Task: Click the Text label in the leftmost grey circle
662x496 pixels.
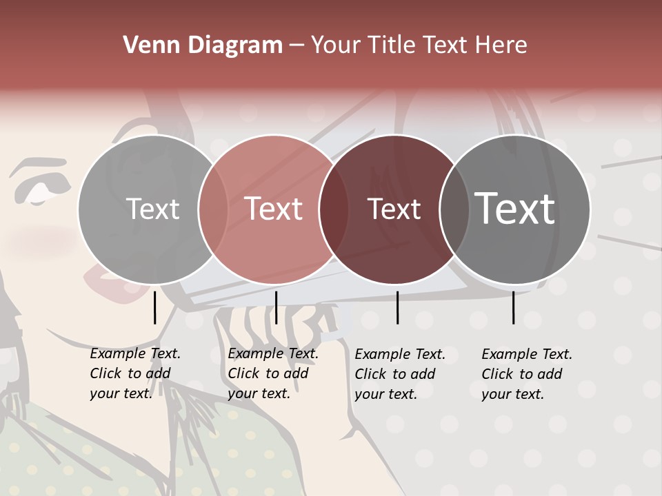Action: [x=152, y=209]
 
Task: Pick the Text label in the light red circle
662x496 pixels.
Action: [x=274, y=209]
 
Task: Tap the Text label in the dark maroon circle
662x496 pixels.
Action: [x=394, y=209]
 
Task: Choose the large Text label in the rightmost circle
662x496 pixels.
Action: [x=515, y=209]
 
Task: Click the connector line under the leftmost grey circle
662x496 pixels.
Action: [x=154, y=307]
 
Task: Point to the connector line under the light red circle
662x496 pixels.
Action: [x=276, y=307]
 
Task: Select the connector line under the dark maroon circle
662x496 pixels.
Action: [x=397, y=307]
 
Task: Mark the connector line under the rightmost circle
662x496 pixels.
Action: [x=513, y=307]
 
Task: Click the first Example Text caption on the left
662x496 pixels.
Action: [x=134, y=373]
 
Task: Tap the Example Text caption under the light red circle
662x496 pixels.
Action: [x=272, y=373]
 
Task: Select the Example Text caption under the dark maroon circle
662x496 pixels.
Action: [x=399, y=374]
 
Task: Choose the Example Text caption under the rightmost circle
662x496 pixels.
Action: [x=526, y=374]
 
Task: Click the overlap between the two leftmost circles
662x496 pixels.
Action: [x=213, y=209]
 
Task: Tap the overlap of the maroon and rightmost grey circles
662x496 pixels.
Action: [x=454, y=209]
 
